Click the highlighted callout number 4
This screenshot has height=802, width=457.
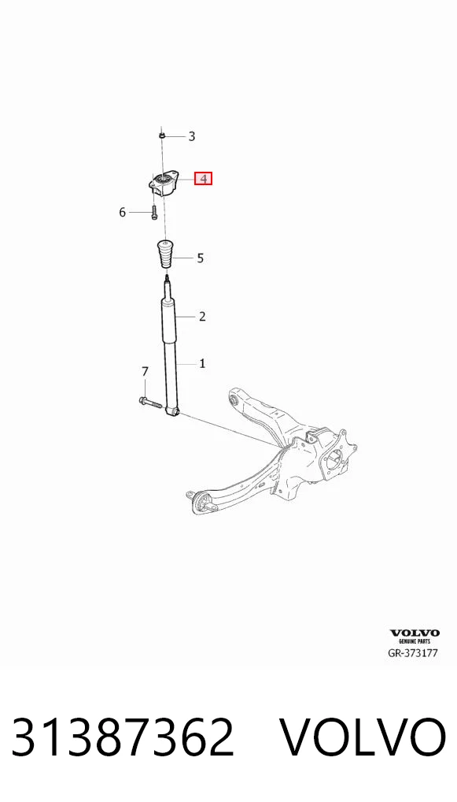[x=203, y=179]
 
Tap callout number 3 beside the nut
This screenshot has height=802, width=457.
[x=192, y=136]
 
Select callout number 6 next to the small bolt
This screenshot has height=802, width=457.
[x=122, y=212]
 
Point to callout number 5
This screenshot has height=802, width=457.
[x=200, y=258]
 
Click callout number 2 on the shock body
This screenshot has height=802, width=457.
[x=202, y=317]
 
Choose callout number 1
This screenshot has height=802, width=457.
[x=203, y=364]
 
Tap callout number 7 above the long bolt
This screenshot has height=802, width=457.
[x=145, y=371]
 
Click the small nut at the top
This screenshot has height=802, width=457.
[x=160, y=136]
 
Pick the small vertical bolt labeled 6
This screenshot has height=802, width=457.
[x=153, y=212]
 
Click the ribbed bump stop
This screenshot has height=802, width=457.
[x=165, y=254]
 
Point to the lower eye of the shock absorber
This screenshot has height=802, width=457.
[x=174, y=410]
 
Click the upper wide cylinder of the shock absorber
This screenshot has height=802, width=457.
[x=168, y=321]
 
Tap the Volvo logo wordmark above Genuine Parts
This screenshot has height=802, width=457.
[x=414, y=633]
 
